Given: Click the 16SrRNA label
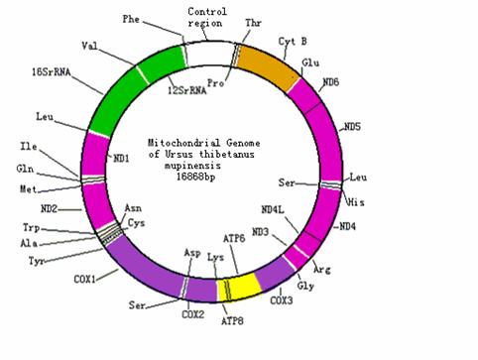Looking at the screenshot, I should pos(49,71).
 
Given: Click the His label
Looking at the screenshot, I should pos(357,201).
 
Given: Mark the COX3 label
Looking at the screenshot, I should pos(282,300).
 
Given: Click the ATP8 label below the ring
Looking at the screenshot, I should pos(233,321).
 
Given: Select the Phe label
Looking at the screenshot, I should pos(132,19).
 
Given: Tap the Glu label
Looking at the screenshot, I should pos(310,60).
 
